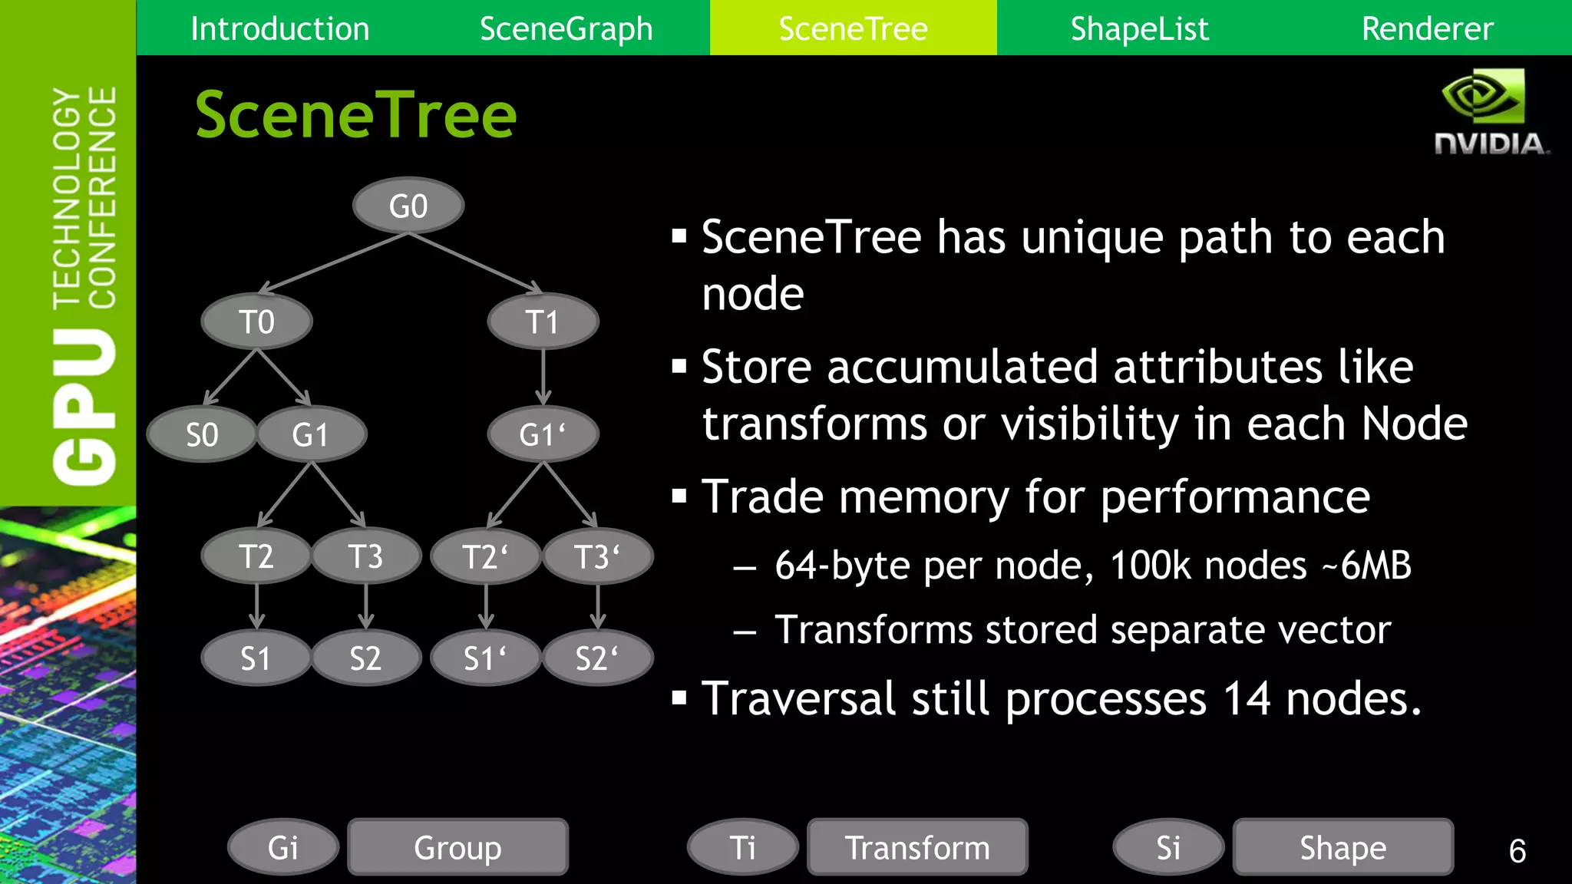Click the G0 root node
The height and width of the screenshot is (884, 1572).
coord(408,206)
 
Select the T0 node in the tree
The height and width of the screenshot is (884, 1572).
coord(256,322)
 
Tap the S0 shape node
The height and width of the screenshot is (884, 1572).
coord(201,434)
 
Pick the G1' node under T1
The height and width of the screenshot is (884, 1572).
coord(543,434)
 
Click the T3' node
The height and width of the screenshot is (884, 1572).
coord(597,556)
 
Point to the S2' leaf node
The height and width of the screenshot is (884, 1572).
coord(597,658)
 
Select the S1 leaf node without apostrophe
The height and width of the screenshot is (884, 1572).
coord(256,658)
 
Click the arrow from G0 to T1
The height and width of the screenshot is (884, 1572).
coord(476,263)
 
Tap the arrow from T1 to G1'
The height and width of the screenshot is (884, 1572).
coord(543,377)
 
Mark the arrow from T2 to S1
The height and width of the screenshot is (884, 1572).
coord(256,606)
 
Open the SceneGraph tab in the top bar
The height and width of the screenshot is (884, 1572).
coord(566,28)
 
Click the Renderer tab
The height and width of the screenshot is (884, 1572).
coord(1427,28)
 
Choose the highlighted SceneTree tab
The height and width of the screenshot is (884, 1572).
coord(853,28)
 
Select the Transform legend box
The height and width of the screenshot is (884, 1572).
coord(917,847)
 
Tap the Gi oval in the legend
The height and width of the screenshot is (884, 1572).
coord(282,847)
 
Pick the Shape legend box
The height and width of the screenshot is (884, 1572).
coord(1342,847)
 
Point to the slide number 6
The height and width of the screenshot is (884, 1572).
coord(1517,850)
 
